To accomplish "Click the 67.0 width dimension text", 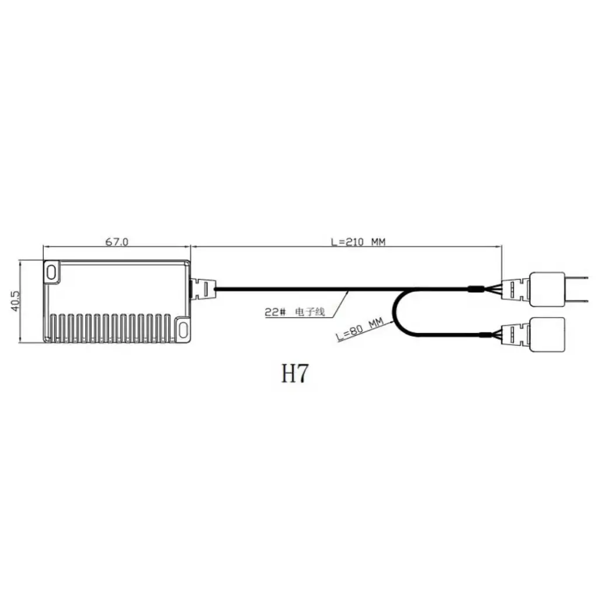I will point(116,241).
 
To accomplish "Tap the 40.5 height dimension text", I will point(16,301).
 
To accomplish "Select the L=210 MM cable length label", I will point(358,241).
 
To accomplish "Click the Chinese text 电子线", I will point(311,312).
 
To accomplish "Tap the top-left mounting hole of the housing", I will point(52,272).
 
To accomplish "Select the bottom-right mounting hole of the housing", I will point(183,328).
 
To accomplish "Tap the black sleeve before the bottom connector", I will point(486,335).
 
